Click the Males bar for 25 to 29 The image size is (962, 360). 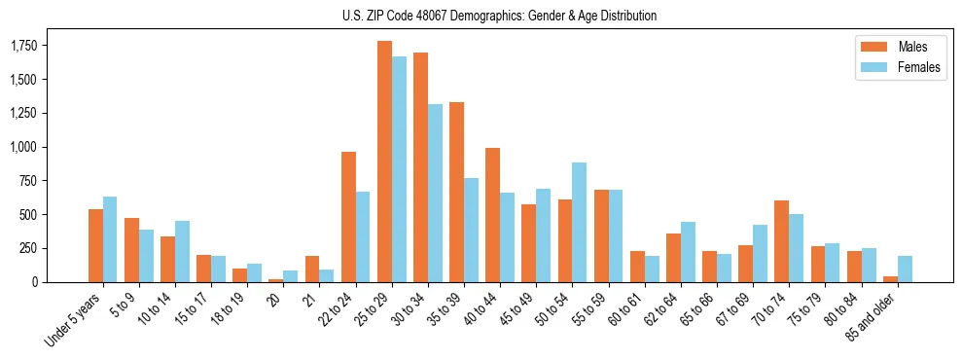384,162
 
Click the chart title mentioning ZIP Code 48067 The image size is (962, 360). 499,16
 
